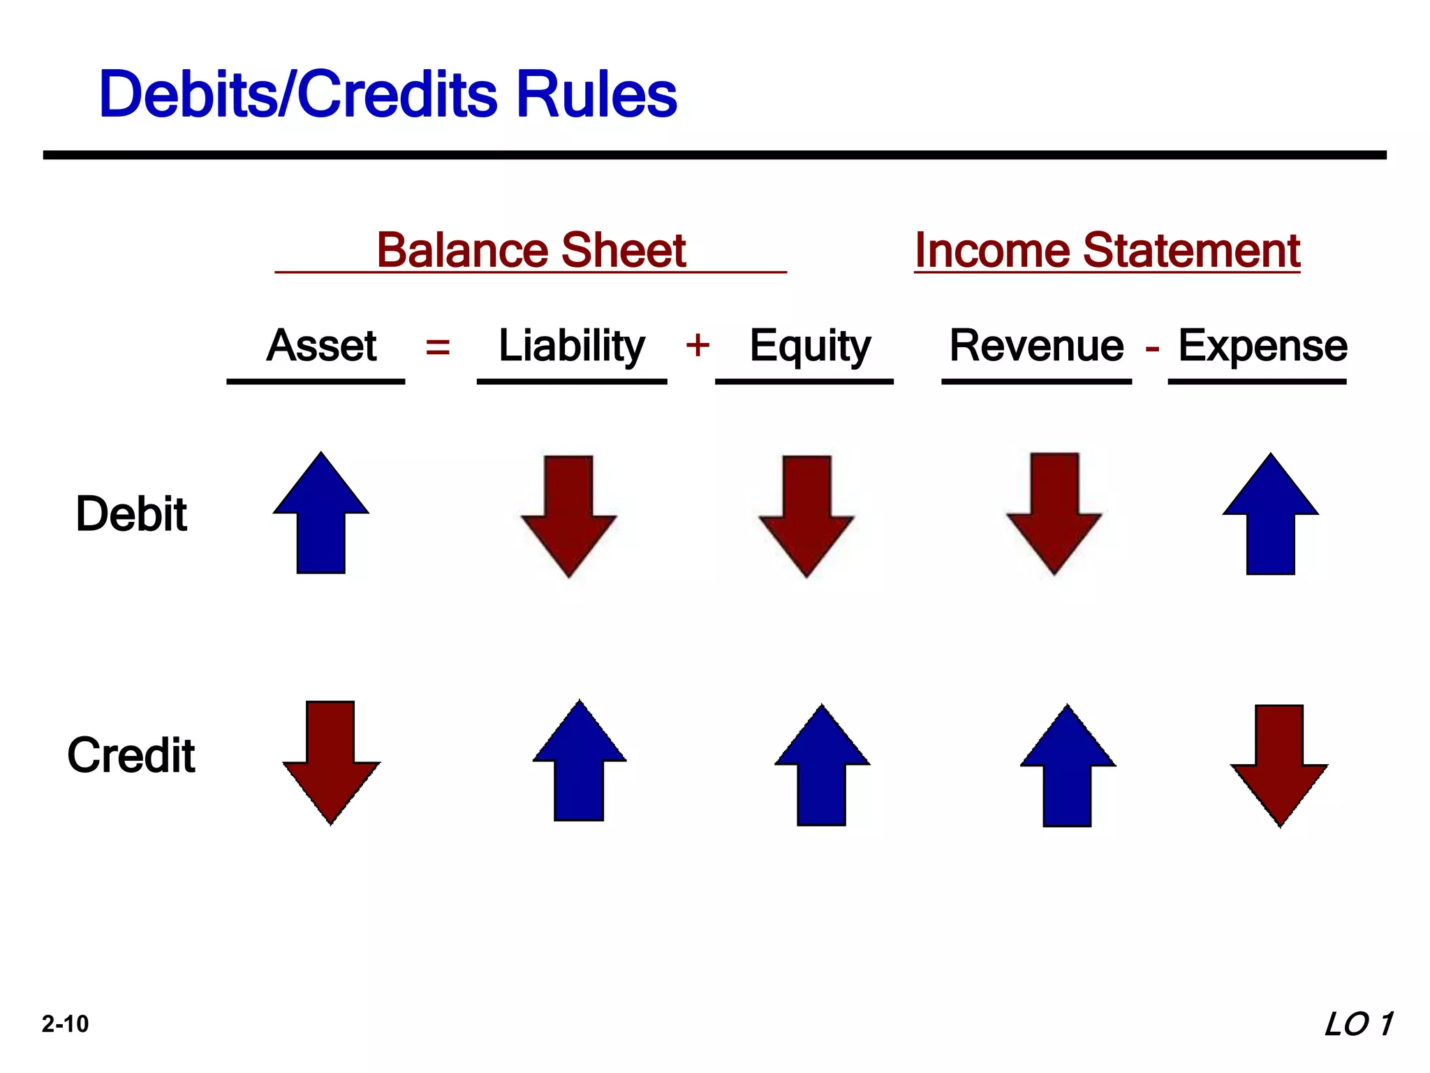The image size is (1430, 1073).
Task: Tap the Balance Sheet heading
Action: (531, 250)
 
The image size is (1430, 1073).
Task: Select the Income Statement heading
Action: (1107, 250)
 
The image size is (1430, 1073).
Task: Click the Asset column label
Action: (321, 345)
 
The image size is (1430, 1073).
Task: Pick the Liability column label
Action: (572, 345)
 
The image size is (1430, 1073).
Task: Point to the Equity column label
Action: (810, 345)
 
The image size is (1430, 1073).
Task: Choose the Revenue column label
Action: (1037, 345)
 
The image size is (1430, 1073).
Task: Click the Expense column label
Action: (1262, 345)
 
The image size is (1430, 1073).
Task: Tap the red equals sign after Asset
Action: (438, 346)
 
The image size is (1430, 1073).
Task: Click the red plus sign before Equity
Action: (698, 345)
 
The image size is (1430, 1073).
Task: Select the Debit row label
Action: (131, 514)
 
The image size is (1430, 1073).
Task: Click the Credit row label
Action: (131, 755)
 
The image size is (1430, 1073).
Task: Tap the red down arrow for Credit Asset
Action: (331, 761)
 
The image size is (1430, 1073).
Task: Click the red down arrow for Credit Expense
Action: (1279, 765)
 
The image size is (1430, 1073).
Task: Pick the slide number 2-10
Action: (65, 1024)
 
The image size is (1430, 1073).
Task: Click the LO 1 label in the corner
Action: (1358, 1024)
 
